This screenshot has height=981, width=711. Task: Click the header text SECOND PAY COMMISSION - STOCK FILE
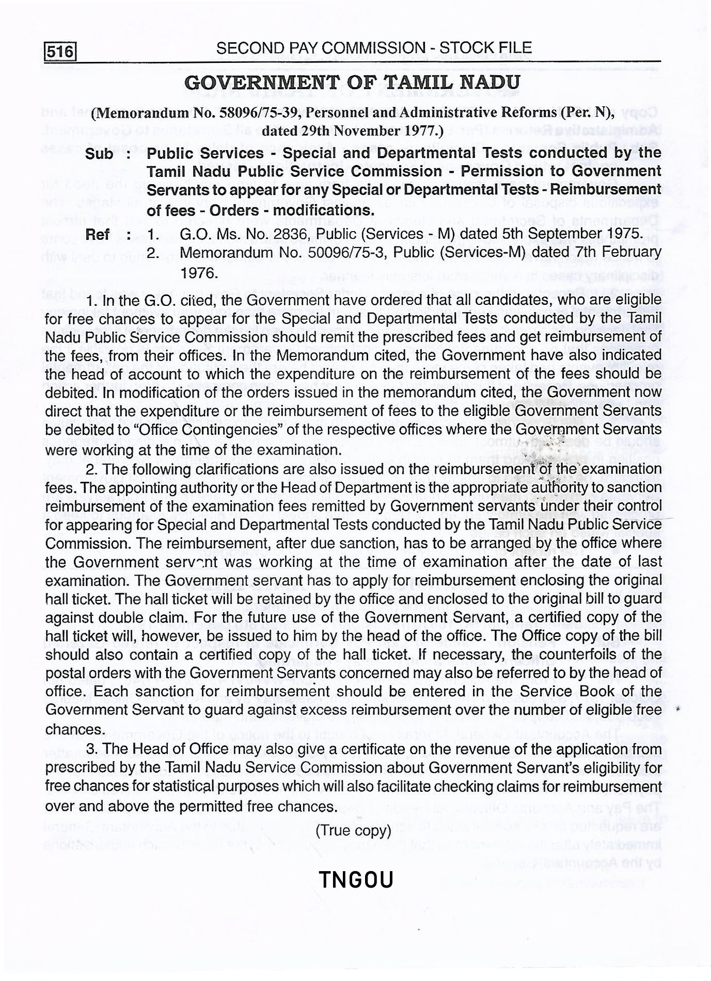(x=373, y=48)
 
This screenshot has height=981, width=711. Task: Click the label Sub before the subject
(x=100, y=154)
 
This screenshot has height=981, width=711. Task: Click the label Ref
(x=97, y=234)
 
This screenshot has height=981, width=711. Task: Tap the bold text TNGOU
(x=356, y=880)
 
